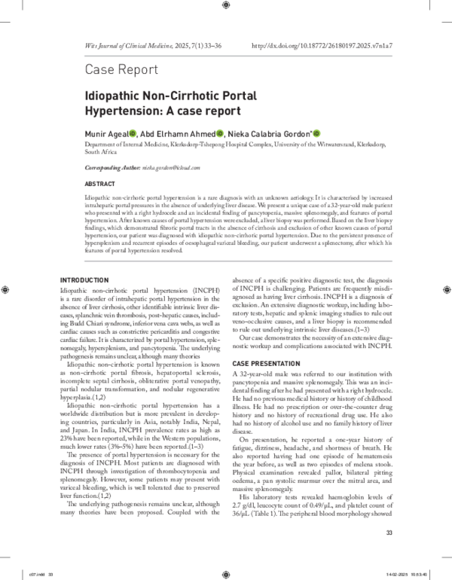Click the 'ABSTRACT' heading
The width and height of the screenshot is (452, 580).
click(100, 184)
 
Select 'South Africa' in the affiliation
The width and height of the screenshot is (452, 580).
click(102, 150)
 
